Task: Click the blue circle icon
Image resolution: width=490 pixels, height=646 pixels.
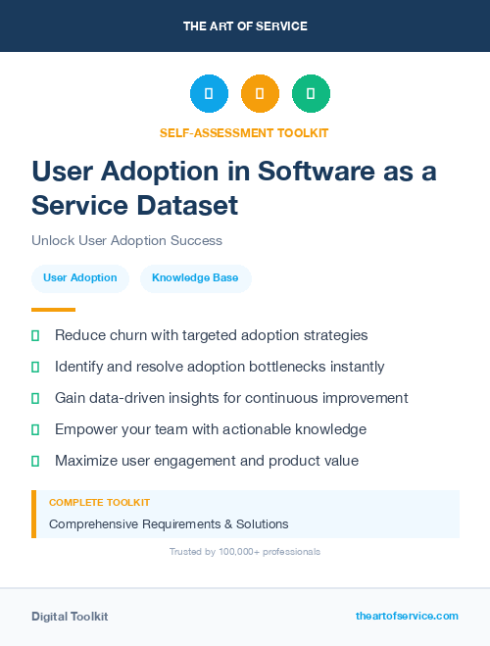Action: [209, 94]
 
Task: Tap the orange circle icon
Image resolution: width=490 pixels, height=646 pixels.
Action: [260, 94]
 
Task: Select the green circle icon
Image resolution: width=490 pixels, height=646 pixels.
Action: [311, 94]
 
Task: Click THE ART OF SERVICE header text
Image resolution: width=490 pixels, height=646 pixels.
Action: [245, 26]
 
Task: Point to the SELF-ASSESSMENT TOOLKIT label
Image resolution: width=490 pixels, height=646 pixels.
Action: [244, 132]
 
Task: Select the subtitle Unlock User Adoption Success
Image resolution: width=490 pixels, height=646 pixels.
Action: [126, 240]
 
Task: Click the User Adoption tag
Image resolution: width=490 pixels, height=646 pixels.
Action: [80, 278]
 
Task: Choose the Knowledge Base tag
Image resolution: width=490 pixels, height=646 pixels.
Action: [196, 278]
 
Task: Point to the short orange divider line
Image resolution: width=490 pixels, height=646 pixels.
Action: [53, 309]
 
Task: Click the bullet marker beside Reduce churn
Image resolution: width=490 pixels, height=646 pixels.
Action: [35, 335]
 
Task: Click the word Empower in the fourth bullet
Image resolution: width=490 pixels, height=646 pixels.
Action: [86, 429]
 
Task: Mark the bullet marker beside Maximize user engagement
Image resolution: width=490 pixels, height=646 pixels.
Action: [35, 461]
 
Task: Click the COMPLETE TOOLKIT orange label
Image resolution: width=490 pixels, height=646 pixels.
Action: [99, 503]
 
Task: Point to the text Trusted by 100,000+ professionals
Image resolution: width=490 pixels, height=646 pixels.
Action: [245, 552]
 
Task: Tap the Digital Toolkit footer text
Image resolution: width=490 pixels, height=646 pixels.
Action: [70, 617]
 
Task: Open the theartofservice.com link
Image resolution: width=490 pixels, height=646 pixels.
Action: [407, 616]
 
